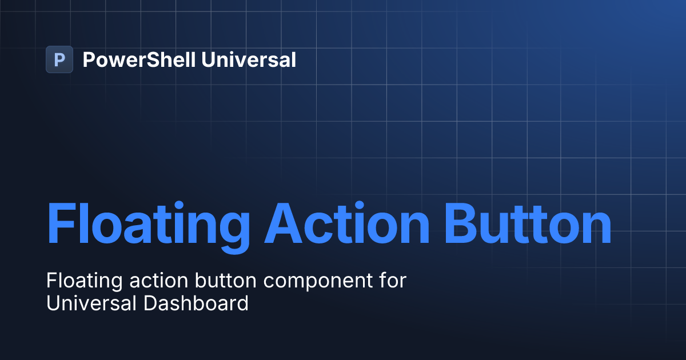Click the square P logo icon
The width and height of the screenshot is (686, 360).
[x=59, y=59]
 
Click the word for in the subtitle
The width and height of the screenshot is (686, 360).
[x=394, y=282]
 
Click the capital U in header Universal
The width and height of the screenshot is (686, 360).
[x=209, y=59]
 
